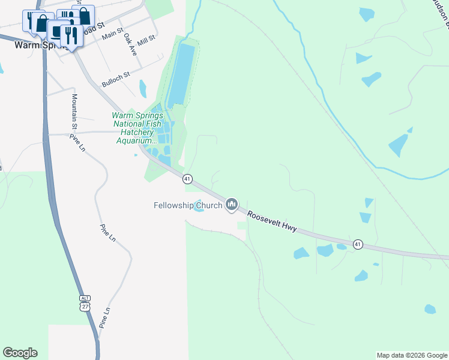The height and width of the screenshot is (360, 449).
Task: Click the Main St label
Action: [x=112, y=36]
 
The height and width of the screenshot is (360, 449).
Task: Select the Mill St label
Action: [x=146, y=41]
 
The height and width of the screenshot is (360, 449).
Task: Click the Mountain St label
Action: [x=74, y=112]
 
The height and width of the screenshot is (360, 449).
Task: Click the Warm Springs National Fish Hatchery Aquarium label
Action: [x=137, y=128]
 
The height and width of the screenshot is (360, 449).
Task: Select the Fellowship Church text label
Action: [x=187, y=206]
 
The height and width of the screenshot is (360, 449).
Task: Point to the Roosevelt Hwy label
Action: [x=272, y=222]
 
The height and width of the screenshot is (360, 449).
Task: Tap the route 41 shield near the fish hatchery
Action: [x=187, y=179]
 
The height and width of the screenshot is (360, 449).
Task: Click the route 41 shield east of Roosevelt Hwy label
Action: [x=358, y=244]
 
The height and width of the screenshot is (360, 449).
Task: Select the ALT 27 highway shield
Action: [x=85, y=303]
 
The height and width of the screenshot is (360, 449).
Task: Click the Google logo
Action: [x=20, y=353]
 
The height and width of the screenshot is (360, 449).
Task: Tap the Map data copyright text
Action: [x=412, y=355]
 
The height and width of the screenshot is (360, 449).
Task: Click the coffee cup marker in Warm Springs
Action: [x=58, y=31]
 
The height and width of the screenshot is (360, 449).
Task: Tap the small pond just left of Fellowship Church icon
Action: [x=199, y=206]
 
